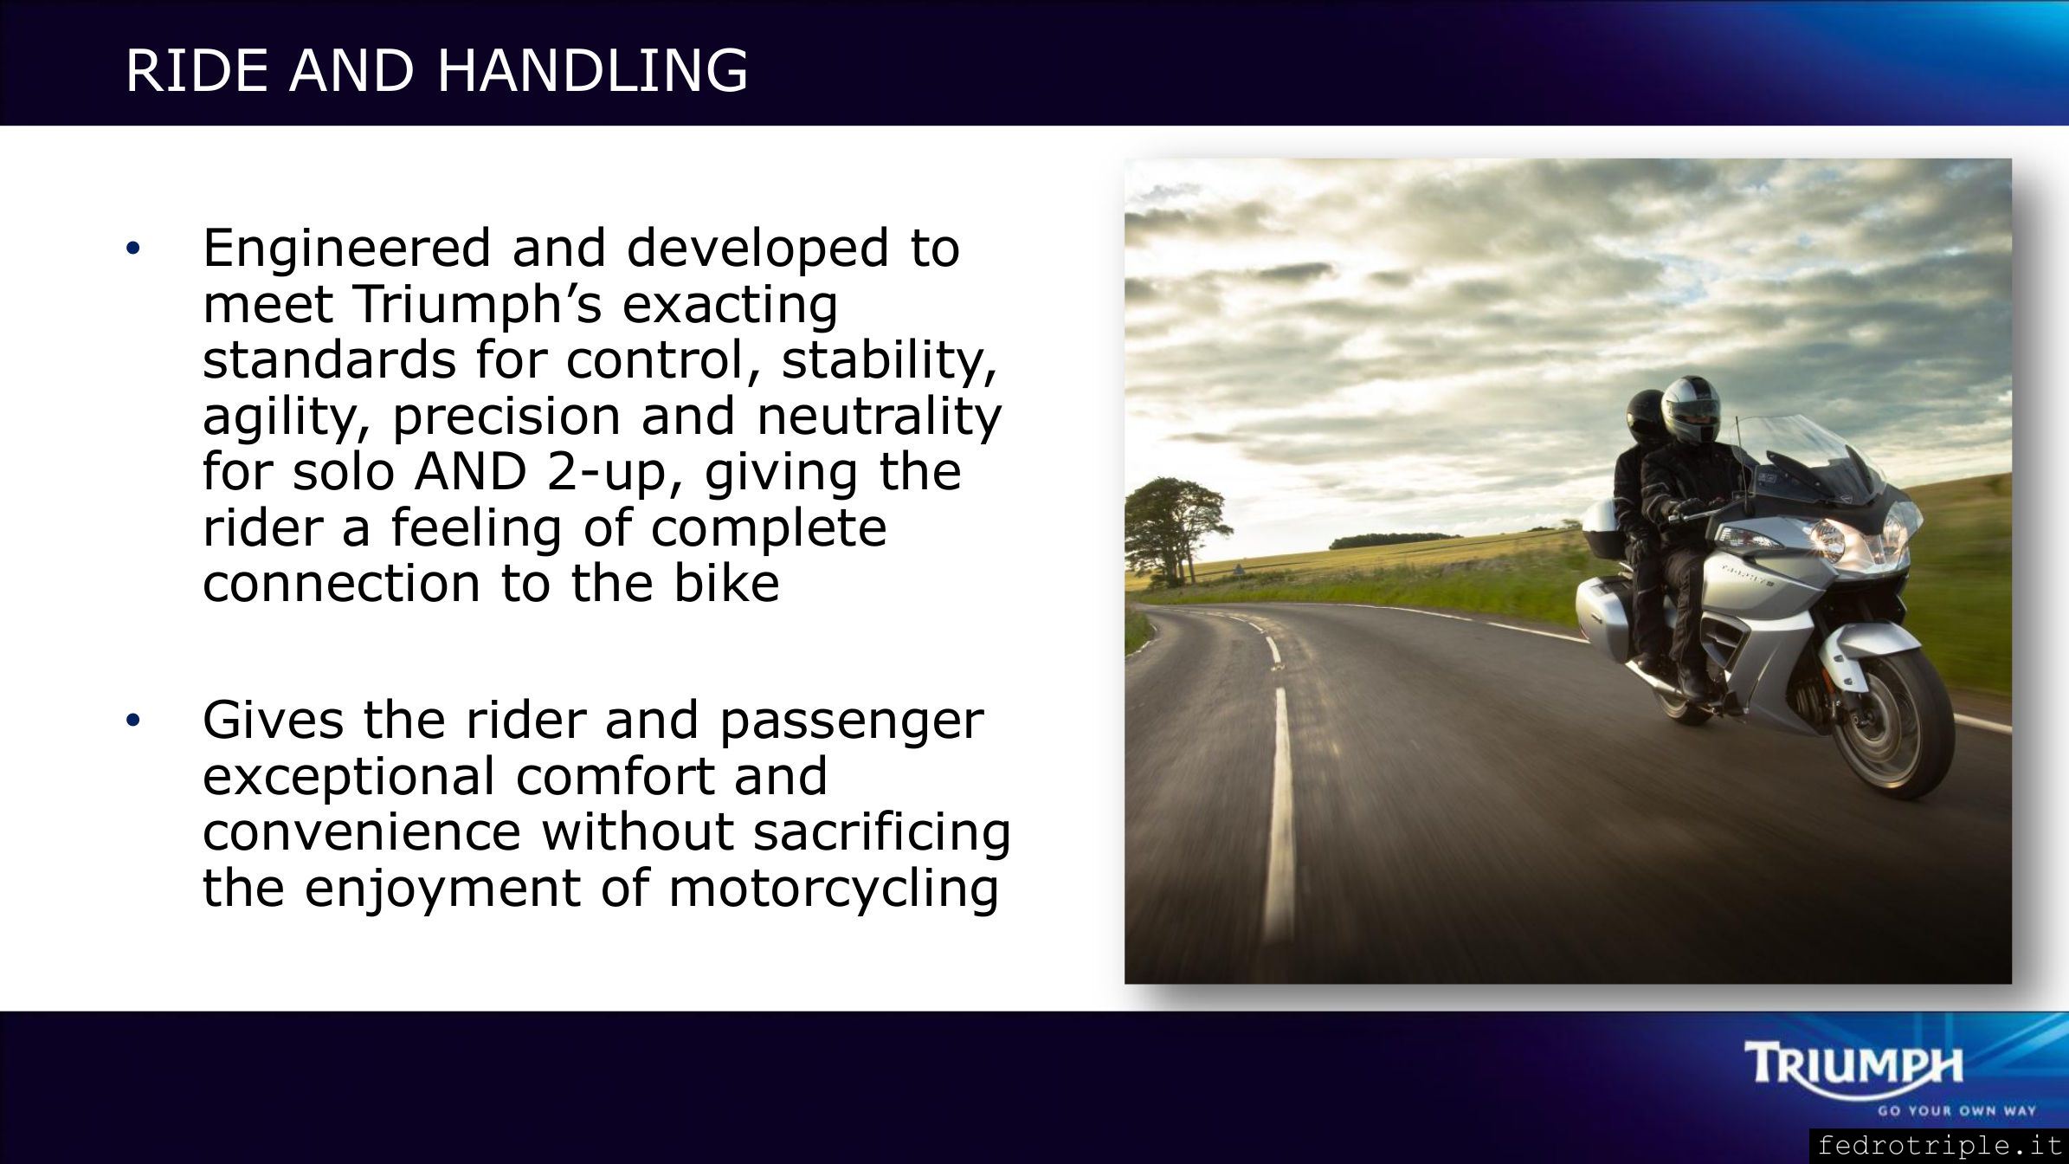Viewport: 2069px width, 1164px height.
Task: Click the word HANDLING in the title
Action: (592, 70)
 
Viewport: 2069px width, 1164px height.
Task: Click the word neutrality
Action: (879, 417)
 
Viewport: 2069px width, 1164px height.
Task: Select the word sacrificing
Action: (882, 834)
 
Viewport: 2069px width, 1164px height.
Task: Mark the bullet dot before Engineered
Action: (132, 249)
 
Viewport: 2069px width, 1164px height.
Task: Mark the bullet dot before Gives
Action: (132, 721)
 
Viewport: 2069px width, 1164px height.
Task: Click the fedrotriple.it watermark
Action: (1938, 1146)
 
